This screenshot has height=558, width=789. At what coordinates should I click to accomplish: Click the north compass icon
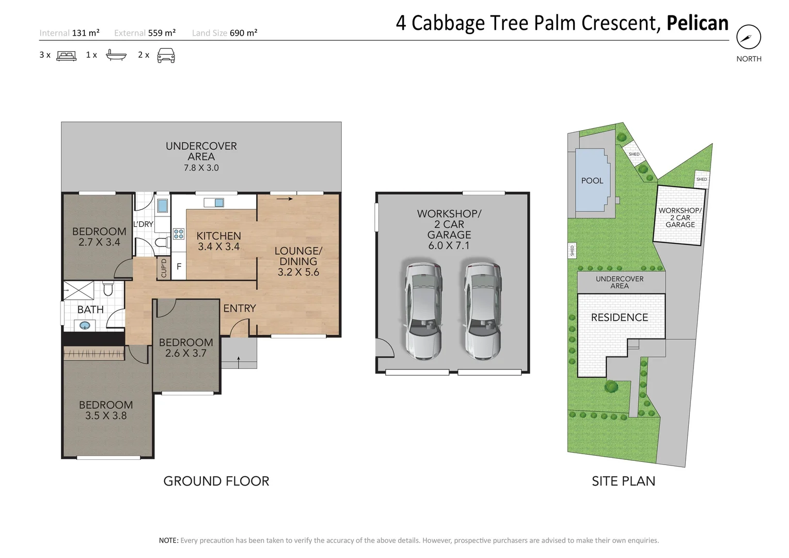(x=748, y=37)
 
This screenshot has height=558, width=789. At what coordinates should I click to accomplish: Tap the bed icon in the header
(x=66, y=55)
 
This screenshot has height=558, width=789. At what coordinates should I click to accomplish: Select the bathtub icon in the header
(x=116, y=55)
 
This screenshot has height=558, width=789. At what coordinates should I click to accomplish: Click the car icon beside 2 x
(x=166, y=55)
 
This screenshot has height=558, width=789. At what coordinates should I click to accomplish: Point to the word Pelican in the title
(x=697, y=23)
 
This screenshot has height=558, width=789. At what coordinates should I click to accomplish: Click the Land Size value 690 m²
(x=243, y=33)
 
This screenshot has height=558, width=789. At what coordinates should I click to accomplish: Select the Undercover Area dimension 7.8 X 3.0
(x=201, y=168)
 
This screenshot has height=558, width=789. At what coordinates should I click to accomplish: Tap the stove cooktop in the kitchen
(x=179, y=234)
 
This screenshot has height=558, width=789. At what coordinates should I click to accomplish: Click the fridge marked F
(x=179, y=267)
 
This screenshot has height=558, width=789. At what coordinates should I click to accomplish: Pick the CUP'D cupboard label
(x=164, y=268)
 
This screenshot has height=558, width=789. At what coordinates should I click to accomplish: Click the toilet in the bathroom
(x=108, y=287)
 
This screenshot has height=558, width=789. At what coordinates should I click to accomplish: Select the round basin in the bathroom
(x=85, y=326)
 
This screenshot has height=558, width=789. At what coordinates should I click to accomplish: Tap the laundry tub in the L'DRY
(x=162, y=206)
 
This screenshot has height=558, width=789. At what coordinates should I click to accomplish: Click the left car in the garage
(x=423, y=311)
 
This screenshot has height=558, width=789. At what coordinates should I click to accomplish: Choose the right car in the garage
(x=482, y=311)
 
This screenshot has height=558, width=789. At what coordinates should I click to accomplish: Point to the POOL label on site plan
(x=592, y=181)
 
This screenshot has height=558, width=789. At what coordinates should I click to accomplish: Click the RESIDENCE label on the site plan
(x=619, y=318)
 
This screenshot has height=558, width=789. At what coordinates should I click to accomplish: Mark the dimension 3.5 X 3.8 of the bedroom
(x=106, y=416)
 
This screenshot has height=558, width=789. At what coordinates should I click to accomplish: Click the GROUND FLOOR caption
(x=216, y=481)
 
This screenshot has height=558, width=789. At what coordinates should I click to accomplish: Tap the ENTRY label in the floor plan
(x=239, y=308)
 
